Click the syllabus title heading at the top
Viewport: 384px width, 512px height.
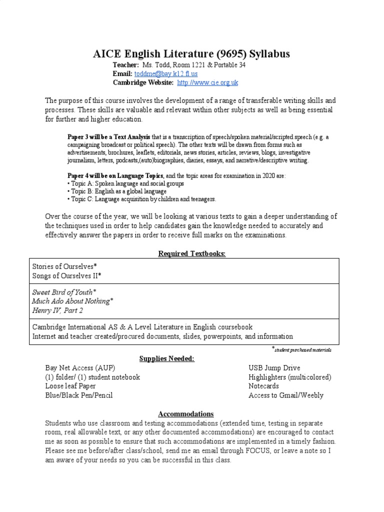(191, 54)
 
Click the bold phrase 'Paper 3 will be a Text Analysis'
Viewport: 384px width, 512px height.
(108, 136)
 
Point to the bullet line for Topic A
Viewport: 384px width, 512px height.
(125, 183)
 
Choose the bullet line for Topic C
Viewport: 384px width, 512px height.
(141, 199)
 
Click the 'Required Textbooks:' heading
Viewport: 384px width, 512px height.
(192, 253)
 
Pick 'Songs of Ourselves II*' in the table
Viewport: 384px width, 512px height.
(66, 275)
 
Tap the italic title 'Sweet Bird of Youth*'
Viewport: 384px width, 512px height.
(64, 291)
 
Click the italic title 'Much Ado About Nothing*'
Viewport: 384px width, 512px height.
(73, 300)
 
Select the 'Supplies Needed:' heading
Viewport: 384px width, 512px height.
(192, 358)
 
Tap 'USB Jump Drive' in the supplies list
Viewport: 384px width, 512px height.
(274, 368)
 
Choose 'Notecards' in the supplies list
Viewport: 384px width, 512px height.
(263, 386)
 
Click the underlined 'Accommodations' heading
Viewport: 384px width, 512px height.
(185, 414)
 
